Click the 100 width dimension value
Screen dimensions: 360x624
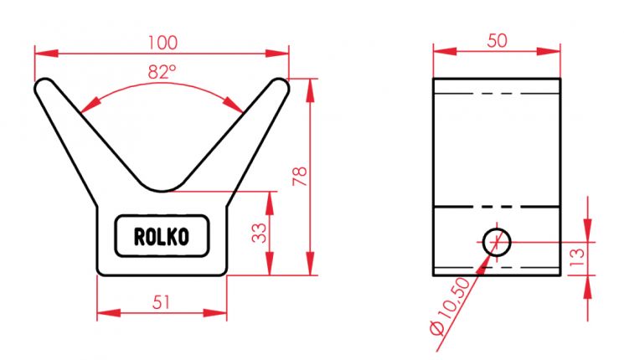[x=161, y=39]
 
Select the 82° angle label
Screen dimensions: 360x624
[x=162, y=72]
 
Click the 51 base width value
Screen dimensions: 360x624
[x=162, y=302]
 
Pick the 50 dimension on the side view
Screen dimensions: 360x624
[x=497, y=39]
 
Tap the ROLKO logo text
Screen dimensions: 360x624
[x=161, y=237]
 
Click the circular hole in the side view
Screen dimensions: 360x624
[x=496, y=242]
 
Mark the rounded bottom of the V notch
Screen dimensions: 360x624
[x=162, y=186]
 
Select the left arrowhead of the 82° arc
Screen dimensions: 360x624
[x=89, y=105]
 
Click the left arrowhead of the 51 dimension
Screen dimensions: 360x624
[x=102, y=314]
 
